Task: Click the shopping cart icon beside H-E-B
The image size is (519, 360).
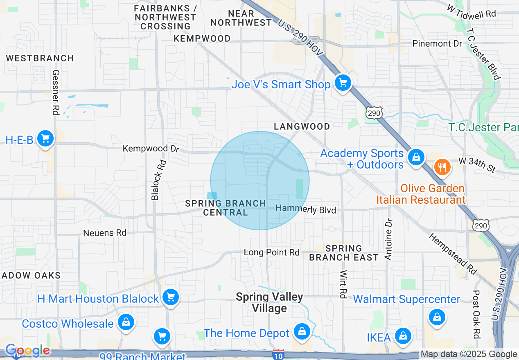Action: tap(45, 139)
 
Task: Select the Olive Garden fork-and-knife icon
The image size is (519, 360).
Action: tap(441, 167)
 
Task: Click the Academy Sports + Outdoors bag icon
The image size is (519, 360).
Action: tap(416, 157)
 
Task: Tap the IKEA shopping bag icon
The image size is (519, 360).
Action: tap(403, 336)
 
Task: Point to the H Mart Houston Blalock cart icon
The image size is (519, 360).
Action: tap(170, 297)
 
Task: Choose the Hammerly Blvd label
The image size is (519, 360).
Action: tap(306, 209)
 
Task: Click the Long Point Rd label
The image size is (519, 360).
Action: tap(272, 252)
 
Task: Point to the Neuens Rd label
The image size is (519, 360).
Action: tap(105, 233)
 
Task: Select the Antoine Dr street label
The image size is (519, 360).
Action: tap(388, 239)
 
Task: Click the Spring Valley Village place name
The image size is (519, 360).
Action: tap(269, 302)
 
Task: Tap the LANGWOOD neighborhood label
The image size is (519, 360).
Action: tap(302, 126)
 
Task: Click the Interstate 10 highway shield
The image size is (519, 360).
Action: tap(278, 354)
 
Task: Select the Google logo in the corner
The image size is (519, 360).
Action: tap(27, 351)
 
